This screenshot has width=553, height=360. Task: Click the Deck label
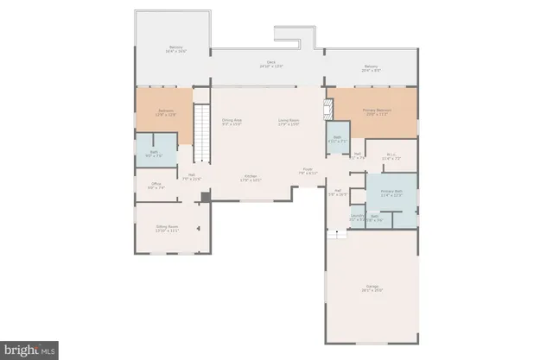(x=270, y=64)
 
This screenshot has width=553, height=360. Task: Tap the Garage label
(x=372, y=287)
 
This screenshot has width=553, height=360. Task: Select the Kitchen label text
(x=250, y=178)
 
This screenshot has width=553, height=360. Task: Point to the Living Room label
(x=288, y=122)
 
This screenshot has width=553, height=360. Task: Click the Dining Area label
(x=232, y=122)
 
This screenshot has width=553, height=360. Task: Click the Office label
(x=156, y=185)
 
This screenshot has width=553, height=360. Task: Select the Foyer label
(x=308, y=171)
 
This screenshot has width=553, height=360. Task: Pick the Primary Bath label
(x=392, y=192)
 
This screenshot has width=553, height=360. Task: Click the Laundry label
(x=356, y=218)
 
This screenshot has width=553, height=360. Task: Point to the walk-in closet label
(x=391, y=156)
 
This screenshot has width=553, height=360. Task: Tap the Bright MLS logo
(x=29, y=350)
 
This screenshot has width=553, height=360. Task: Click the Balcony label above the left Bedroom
(x=175, y=48)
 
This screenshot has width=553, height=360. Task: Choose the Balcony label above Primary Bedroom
(x=371, y=67)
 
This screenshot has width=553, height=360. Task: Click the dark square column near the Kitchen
(x=205, y=197)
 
